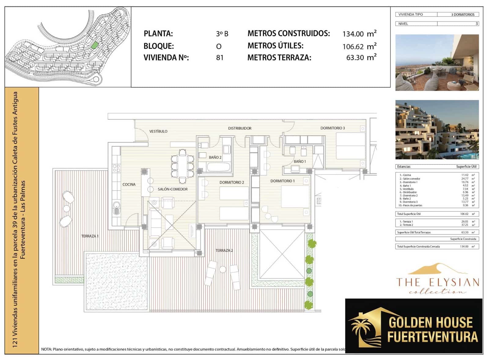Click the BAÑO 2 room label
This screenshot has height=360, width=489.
point(215,157)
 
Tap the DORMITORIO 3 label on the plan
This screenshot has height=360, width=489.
point(333,128)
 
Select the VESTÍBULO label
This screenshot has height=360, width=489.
point(158,131)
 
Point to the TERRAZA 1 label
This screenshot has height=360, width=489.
point(90,236)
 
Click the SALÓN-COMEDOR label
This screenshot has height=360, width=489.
point(173,189)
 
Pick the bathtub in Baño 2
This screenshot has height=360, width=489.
point(219,167)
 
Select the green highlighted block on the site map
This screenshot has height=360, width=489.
point(95,45)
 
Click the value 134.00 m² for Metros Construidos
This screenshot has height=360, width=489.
point(359,34)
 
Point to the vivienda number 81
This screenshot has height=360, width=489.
point(219,57)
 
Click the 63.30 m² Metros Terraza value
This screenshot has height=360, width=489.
point(361,57)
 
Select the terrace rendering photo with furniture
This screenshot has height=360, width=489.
point(437,63)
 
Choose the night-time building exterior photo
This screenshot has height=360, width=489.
point(437,130)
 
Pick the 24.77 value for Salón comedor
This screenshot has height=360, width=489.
point(465,179)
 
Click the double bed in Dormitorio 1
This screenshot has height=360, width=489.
point(295,197)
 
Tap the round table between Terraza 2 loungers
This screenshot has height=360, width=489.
point(222,270)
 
